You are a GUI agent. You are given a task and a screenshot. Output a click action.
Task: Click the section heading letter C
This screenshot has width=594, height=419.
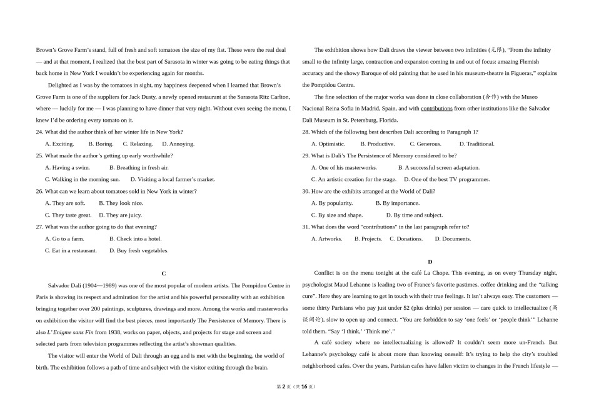click(x=164, y=274)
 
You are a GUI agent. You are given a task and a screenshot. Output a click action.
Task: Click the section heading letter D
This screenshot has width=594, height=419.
click(x=430, y=262)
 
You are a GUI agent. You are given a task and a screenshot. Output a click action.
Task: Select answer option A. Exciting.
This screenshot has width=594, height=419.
click(x=59, y=144)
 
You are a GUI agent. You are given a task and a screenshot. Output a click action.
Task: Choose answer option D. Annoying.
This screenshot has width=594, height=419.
click(x=178, y=144)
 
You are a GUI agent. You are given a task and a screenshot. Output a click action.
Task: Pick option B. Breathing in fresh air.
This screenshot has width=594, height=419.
click(x=139, y=167)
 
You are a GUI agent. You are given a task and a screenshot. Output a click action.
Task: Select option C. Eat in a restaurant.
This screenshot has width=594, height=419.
click(x=71, y=250)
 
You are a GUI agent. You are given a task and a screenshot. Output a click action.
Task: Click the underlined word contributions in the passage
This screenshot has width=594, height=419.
click(x=436, y=108)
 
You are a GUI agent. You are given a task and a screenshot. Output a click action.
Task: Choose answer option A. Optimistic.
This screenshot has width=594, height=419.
click(x=328, y=144)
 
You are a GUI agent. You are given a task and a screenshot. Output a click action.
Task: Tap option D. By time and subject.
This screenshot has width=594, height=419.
click(x=414, y=215)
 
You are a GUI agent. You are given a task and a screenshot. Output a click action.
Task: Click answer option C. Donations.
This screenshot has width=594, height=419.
click(x=406, y=239)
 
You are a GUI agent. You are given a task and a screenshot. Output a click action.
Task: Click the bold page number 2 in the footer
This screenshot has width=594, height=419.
click(x=283, y=387)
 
